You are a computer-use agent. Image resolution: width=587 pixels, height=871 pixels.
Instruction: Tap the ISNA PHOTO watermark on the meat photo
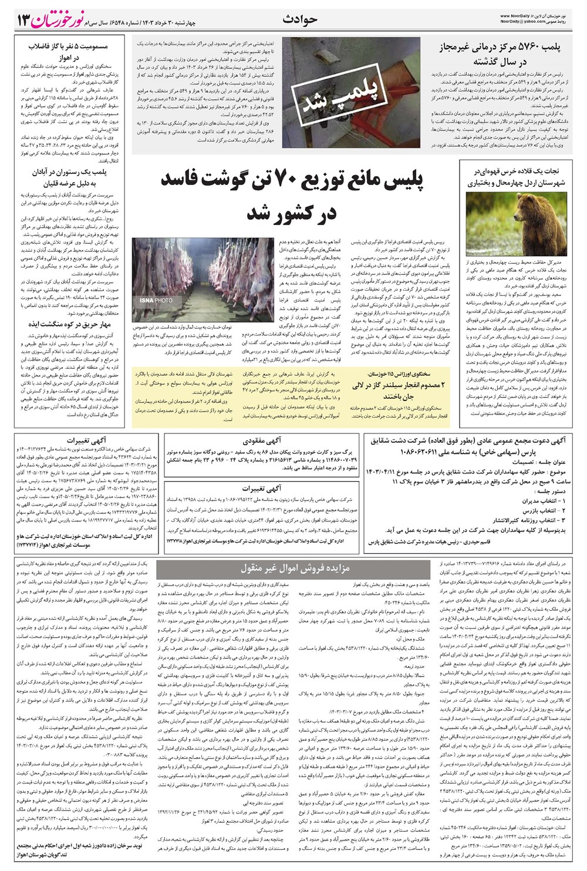coord(157,300)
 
